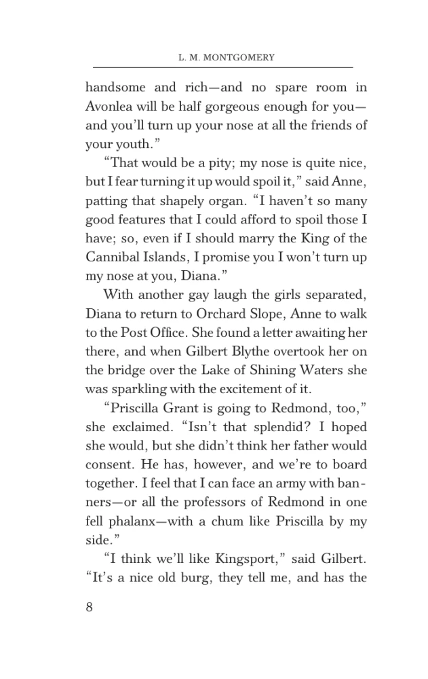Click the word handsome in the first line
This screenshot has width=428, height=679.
[x=113, y=88]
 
